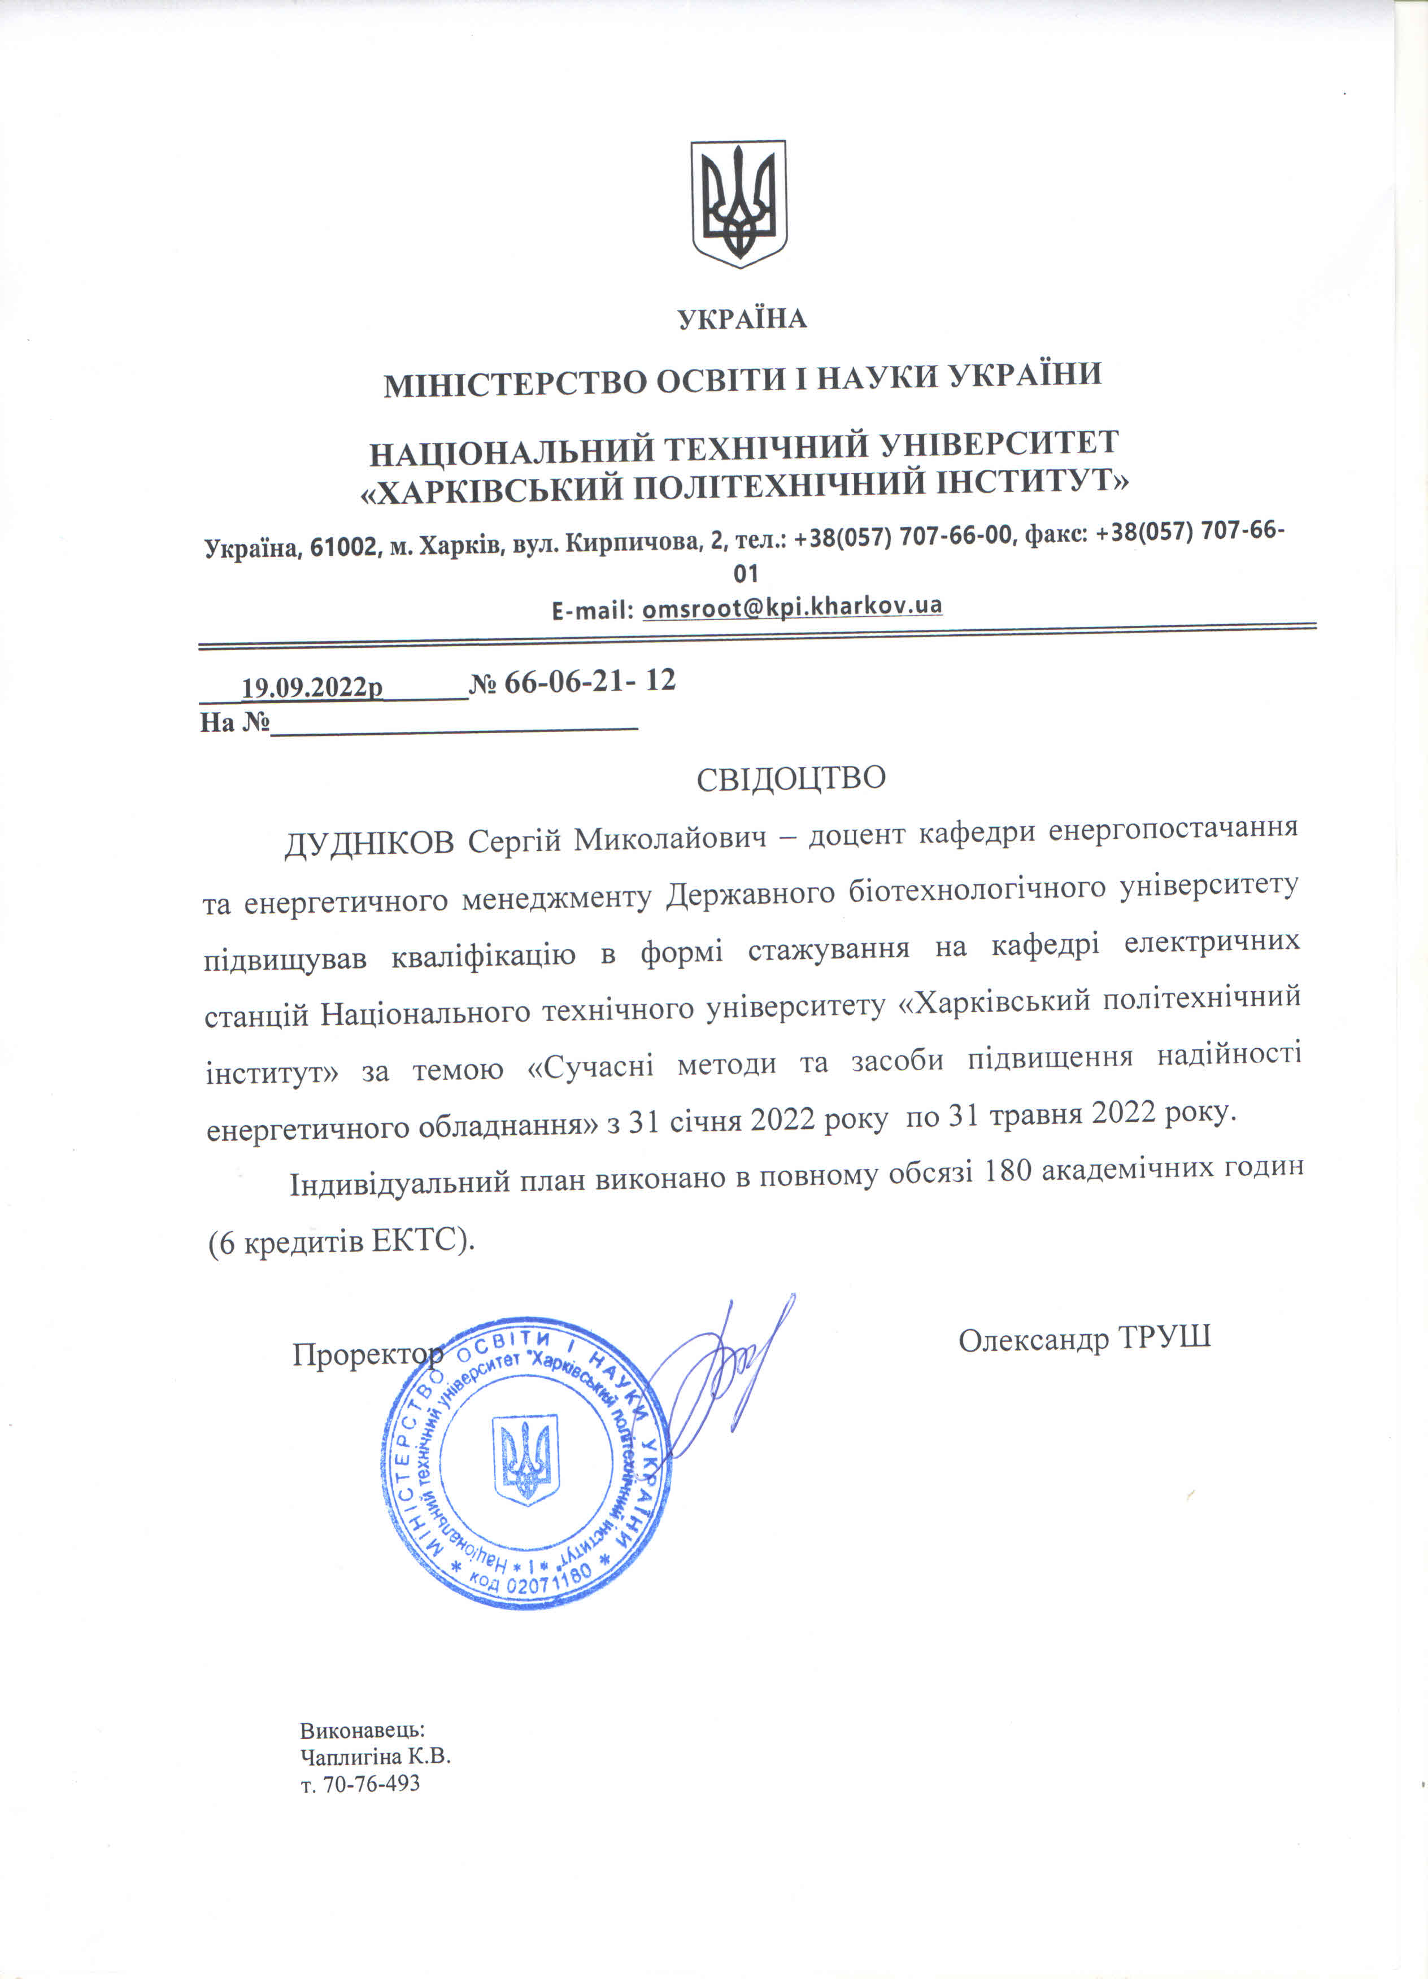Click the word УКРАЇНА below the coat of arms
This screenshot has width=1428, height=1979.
pos(742,319)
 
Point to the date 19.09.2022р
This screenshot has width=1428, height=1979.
pos(312,687)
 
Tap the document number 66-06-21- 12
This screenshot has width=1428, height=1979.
pos(590,682)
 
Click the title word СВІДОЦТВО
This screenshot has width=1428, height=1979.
pos(791,778)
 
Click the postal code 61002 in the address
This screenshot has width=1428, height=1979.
pos(344,548)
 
